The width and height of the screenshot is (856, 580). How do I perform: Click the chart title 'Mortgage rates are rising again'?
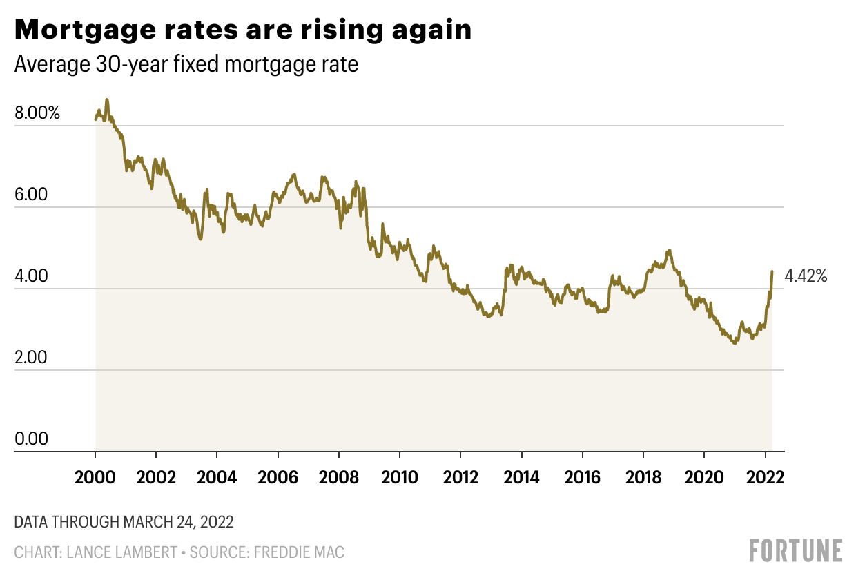tap(243, 30)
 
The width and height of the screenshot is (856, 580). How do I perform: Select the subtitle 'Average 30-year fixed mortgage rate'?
tap(186, 65)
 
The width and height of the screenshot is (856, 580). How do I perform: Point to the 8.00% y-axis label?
tap(37, 113)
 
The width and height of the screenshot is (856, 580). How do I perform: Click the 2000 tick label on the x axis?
tap(95, 477)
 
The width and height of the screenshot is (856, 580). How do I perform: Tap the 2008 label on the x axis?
tap(338, 477)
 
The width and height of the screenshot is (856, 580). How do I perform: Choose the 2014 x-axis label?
tap(521, 477)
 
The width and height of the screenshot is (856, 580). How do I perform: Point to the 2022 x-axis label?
tap(765, 477)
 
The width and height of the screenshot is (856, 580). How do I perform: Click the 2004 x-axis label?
tap(217, 477)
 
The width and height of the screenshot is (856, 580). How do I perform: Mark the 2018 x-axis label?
tap(643, 477)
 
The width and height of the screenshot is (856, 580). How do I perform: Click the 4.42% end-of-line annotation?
tap(806, 277)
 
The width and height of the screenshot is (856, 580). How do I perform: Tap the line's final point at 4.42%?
tap(772, 271)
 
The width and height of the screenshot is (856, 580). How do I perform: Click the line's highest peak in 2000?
tap(106, 99)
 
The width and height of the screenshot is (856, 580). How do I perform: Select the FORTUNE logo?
tap(795, 550)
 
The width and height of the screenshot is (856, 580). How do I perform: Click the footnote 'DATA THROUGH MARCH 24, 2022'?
tap(124, 522)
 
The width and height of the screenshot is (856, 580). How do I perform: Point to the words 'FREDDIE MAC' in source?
tap(299, 552)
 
